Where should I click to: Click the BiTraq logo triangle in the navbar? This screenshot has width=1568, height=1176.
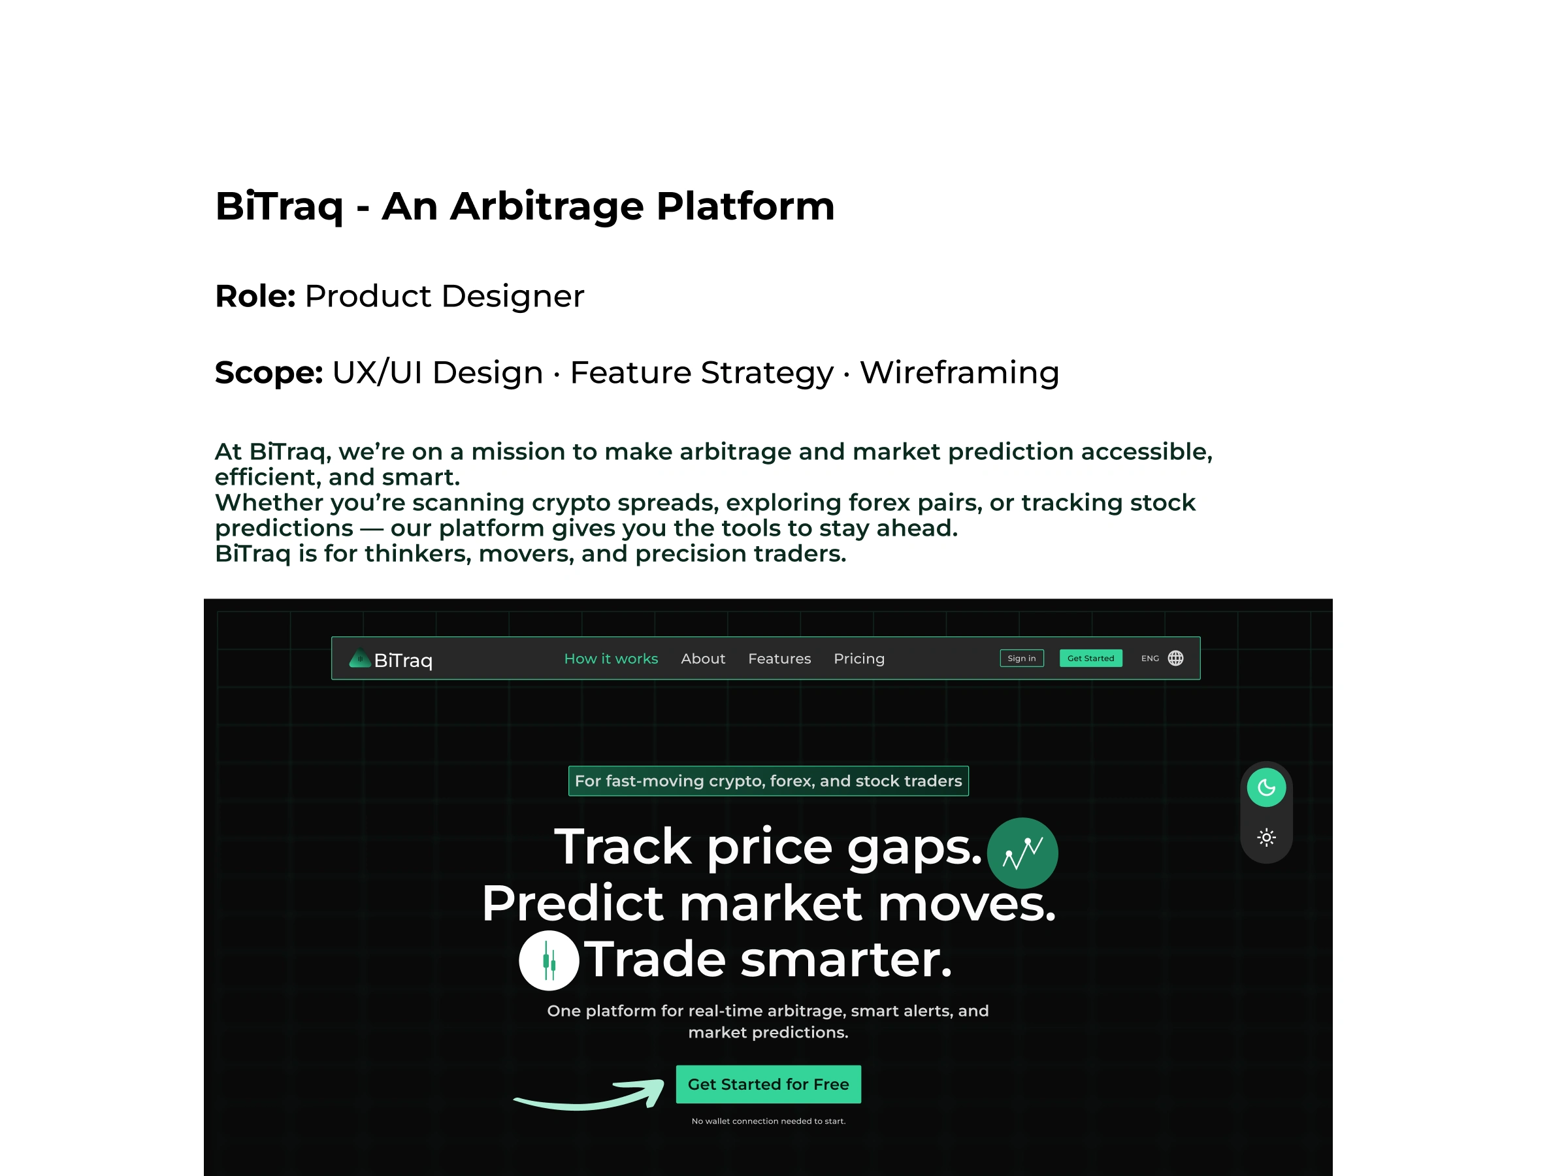click(x=360, y=659)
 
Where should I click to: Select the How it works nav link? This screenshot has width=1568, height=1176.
click(x=611, y=659)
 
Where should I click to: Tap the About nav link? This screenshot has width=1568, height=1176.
click(x=703, y=659)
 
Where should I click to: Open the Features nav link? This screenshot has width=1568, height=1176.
click(x=779, y=659)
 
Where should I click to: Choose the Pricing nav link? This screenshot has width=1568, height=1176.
click(x=859, y=659)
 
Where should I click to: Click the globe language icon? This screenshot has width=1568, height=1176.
click(x=1175, y=659)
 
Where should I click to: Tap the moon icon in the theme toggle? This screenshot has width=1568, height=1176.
click(x=1267, y=787)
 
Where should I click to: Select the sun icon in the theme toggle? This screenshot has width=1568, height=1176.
click(x=1267, y=838)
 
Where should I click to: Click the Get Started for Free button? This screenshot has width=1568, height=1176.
click(x=768, y=1085)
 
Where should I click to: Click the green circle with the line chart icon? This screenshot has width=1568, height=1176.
click(x=1023, y=853)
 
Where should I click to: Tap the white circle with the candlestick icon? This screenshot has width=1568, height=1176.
click(x=549, y=960)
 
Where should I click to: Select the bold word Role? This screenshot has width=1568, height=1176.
click(x=255, y=297)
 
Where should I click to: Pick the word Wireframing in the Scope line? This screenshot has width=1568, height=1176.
click(x=960, y=373)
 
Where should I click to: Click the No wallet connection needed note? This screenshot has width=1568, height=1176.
click(x=768, y=1121)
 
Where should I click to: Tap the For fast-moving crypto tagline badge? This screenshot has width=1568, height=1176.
click(x=768, y=781)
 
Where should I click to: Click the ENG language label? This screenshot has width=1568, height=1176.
click(x=1150, y=659)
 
